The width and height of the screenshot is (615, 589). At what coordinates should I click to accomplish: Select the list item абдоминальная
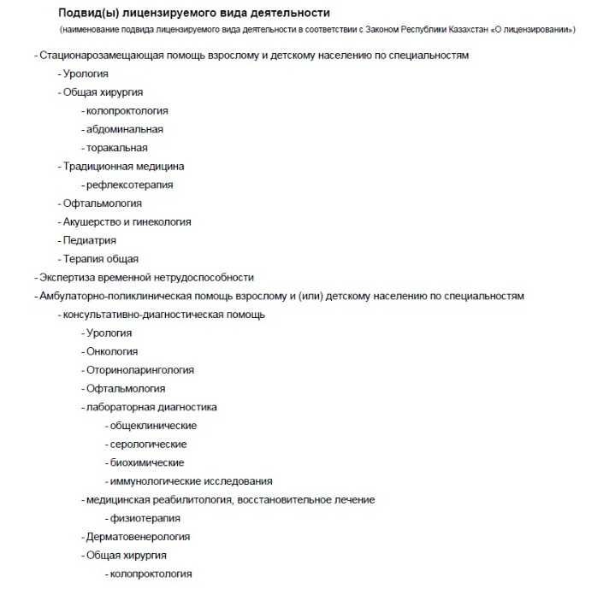click(x=124, y=129)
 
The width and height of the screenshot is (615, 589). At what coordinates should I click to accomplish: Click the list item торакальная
click(x=117, y=148)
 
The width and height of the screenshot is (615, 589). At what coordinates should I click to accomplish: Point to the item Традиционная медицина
click(x=123, y=167)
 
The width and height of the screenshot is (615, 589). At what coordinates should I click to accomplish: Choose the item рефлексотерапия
click(x=129, y=185)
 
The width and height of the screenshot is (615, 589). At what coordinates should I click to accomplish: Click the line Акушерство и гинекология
click(x=127, y=221)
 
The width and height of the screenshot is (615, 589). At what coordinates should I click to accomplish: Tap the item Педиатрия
click(x=89, y=240)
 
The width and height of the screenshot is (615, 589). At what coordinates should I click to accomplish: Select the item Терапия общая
click(x=100, y=259)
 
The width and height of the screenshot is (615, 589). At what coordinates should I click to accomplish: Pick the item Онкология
click(x=111, y=351)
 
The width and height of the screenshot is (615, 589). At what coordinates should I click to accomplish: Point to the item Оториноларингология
click(x=139, y=370)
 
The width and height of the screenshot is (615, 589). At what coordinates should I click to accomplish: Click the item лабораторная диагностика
click(x=151, y=407)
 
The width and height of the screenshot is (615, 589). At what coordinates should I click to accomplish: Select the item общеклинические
click(x=153, y=426)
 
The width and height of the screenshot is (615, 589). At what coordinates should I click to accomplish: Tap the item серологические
click(x=148, y=444)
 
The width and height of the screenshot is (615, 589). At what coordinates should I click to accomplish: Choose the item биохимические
click(x=146, y=462)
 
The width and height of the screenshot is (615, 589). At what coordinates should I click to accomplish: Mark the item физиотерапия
click(x=145, y=518)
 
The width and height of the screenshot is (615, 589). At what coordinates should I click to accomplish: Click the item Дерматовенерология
click(x=138, y=537)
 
